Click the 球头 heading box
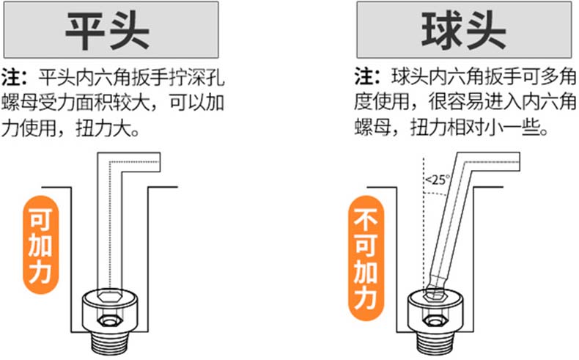point(464,29)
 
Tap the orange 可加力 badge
point(39,241)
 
